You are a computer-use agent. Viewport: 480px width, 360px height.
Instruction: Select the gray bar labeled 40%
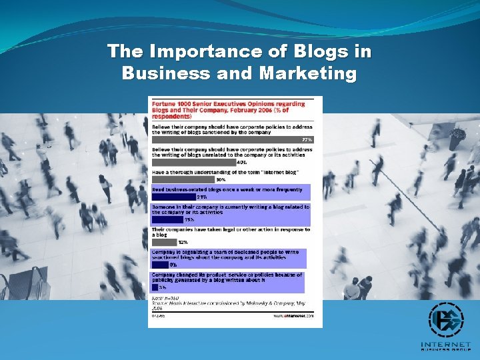coord(193,162)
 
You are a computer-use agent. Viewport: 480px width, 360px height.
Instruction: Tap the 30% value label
coord(220,179)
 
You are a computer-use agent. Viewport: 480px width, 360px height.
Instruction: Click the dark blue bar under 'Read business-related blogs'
coord(173,197)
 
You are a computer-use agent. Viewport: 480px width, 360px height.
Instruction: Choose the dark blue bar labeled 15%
coord(167,219)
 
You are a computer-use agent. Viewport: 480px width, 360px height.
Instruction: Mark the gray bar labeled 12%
coord(165,242)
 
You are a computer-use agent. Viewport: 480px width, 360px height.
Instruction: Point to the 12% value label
coord(183,242)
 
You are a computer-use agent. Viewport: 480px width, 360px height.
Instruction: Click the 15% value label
coord(189,219)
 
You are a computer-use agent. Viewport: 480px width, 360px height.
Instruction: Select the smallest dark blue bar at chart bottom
coord(155,287)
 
